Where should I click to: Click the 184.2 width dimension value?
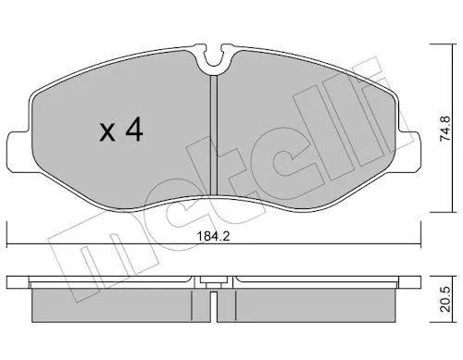click(x=214, y=237)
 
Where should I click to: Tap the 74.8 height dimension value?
click(x=445, y=129)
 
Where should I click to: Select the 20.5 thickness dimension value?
click(x=445, y=299)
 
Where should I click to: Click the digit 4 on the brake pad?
click(x=134, y=130)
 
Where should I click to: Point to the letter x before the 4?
click(x=107, y=133)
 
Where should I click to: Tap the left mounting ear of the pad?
click(x=19, y=151)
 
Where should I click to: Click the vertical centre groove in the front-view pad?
click(x=214, y=135)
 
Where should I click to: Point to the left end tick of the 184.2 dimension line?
click(x=6, y=234)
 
